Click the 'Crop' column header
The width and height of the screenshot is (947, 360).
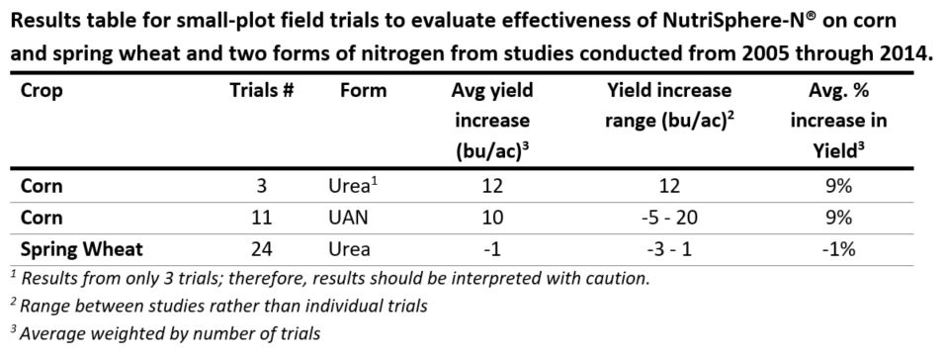(x=41, y=91)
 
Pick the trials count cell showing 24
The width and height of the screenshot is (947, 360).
(x=262, y=248)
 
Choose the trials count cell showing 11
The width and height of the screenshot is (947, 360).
(x=262, y=218)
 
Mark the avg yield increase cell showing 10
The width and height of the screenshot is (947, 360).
(x=492, y=218)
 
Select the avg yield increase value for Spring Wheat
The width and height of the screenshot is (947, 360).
(x=492, y=248)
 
